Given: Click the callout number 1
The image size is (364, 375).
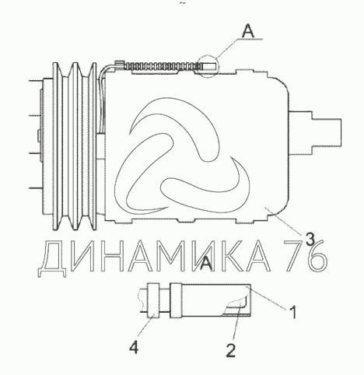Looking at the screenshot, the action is click(292, 312).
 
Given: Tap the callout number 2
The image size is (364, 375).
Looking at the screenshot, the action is click(231, 350).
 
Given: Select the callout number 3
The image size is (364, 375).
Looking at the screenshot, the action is click(310, 239).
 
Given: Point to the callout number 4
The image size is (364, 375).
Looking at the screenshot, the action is click(134, 347).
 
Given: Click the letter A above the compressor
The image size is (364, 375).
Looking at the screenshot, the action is click(248, 32).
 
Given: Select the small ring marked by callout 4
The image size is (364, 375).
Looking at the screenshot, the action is click(152, 300).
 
